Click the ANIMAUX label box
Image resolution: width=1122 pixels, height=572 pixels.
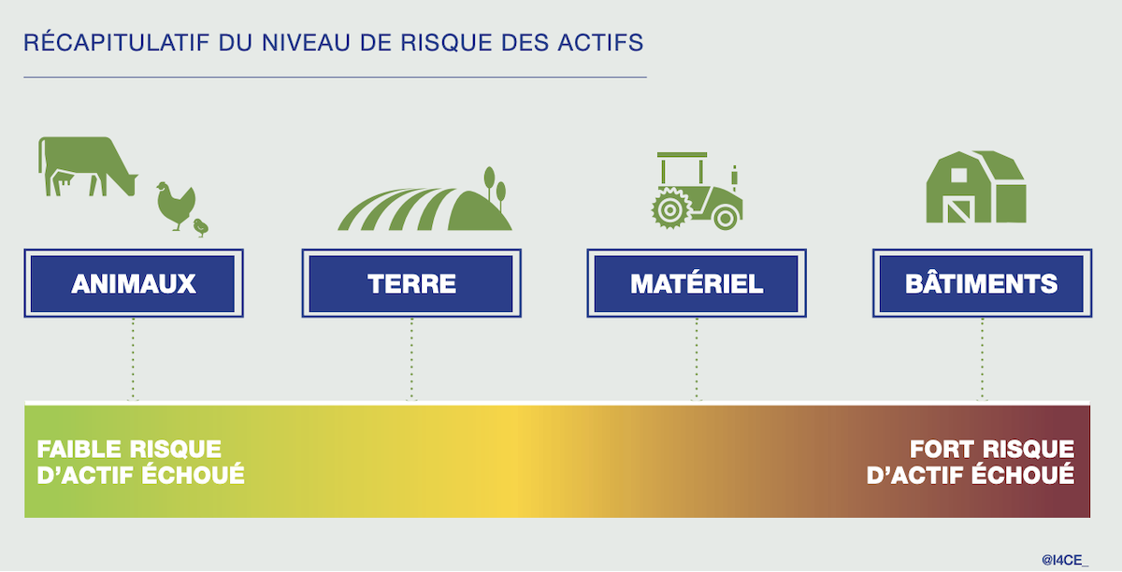[134, 283]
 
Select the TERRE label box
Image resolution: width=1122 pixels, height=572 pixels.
[411, 283]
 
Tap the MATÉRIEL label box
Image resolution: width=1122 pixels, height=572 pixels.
[697, 283]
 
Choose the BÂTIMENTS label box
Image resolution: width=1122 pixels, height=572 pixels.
[983, 283]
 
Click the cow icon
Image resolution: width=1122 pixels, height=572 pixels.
[85, 165]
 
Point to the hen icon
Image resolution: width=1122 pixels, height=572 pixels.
[176, 206]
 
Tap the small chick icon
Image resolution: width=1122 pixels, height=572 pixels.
[201, 227]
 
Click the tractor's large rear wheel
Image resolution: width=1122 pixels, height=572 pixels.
[670, 208]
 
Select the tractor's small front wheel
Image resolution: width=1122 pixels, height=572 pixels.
[726, 218]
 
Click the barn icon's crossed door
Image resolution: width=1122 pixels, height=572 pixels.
[958, 209]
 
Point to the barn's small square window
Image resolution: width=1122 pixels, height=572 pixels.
[958, 176]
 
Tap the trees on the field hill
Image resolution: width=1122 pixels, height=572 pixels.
[495, 186]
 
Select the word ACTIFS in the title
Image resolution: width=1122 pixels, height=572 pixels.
[600, 43]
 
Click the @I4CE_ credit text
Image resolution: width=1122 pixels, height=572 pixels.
[1065, 560]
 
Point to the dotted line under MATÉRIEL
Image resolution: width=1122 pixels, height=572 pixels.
[697, 359]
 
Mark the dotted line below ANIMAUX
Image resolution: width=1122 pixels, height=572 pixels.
[133, 359]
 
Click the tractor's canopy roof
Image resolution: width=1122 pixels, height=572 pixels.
[683, 155]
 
